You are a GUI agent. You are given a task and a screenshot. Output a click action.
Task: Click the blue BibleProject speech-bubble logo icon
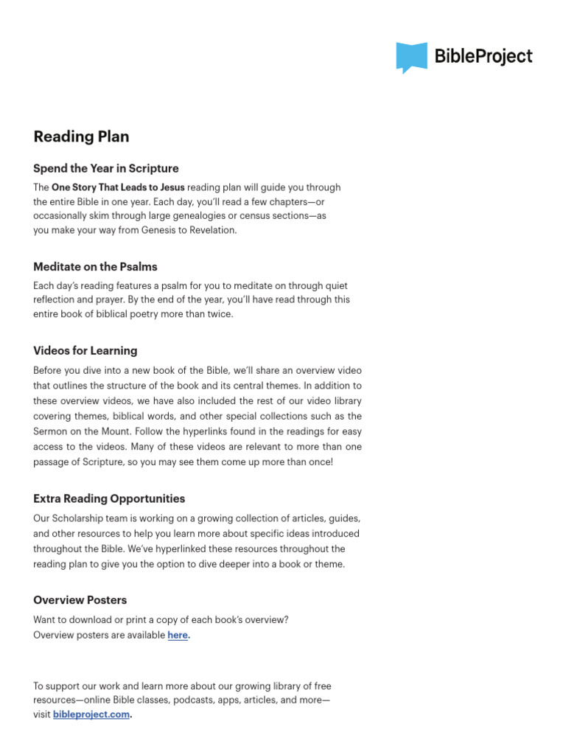[x=411, y=57]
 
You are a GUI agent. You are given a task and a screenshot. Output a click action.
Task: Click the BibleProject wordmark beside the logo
[x=483, y=56]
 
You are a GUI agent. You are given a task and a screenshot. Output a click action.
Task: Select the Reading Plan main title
[x=81, y=136]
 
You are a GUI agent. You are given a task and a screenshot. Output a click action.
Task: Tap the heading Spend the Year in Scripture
[x=106, y=168]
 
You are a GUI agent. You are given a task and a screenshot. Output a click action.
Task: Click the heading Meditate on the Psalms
[x=95, y=266]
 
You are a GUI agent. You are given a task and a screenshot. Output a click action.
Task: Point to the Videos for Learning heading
[x=85, y=350]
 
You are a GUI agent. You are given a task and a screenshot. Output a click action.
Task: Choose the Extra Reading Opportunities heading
[x=109, y=498]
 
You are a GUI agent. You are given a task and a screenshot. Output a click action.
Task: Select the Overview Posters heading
[x=80, y=599]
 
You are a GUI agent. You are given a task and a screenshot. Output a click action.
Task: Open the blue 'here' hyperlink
[x=178, y=635]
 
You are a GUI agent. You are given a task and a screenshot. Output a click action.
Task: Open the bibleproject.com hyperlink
[x=91, y=714]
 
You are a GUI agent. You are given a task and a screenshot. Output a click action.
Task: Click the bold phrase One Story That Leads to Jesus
[x=118, y=187]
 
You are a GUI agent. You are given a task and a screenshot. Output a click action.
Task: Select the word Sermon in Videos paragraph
[x=51, y=431]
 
